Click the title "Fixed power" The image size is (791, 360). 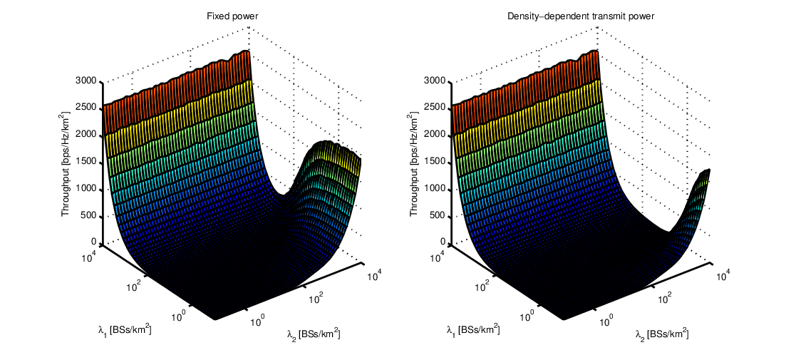pyautogui.click(x=232, y=16)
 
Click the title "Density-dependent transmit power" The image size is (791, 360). pyautogui.click(x=581, y=16)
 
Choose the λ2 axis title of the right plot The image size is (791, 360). pyautogui.click(x=661, y=334)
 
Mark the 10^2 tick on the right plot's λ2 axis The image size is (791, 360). pyautogui.click(x=664, y=298)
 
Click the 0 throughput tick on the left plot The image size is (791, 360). pyautogui.click(x=94, y=242)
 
